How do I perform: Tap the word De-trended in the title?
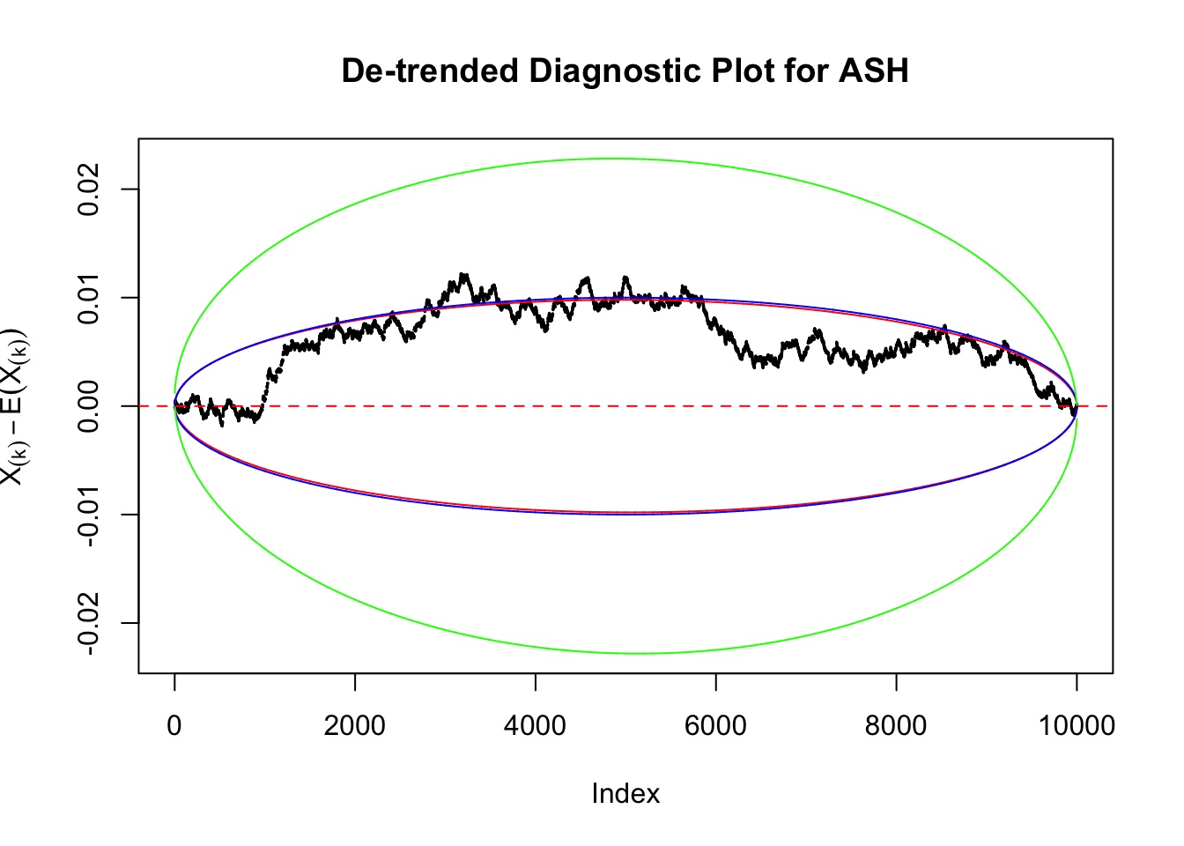point(430,70)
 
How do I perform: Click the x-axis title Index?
point(625,793)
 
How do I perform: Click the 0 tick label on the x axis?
point(174,725)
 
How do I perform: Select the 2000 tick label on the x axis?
point(354,725)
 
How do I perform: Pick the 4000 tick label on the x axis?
point(535,725)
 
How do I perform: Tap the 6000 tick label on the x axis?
point(715,725)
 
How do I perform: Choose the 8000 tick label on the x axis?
point(896,725)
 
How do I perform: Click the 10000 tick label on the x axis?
point(1076,725)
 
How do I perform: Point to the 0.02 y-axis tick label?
point(89,189)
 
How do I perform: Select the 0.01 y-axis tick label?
point(89,298)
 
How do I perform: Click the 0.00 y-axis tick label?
point(89,406)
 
